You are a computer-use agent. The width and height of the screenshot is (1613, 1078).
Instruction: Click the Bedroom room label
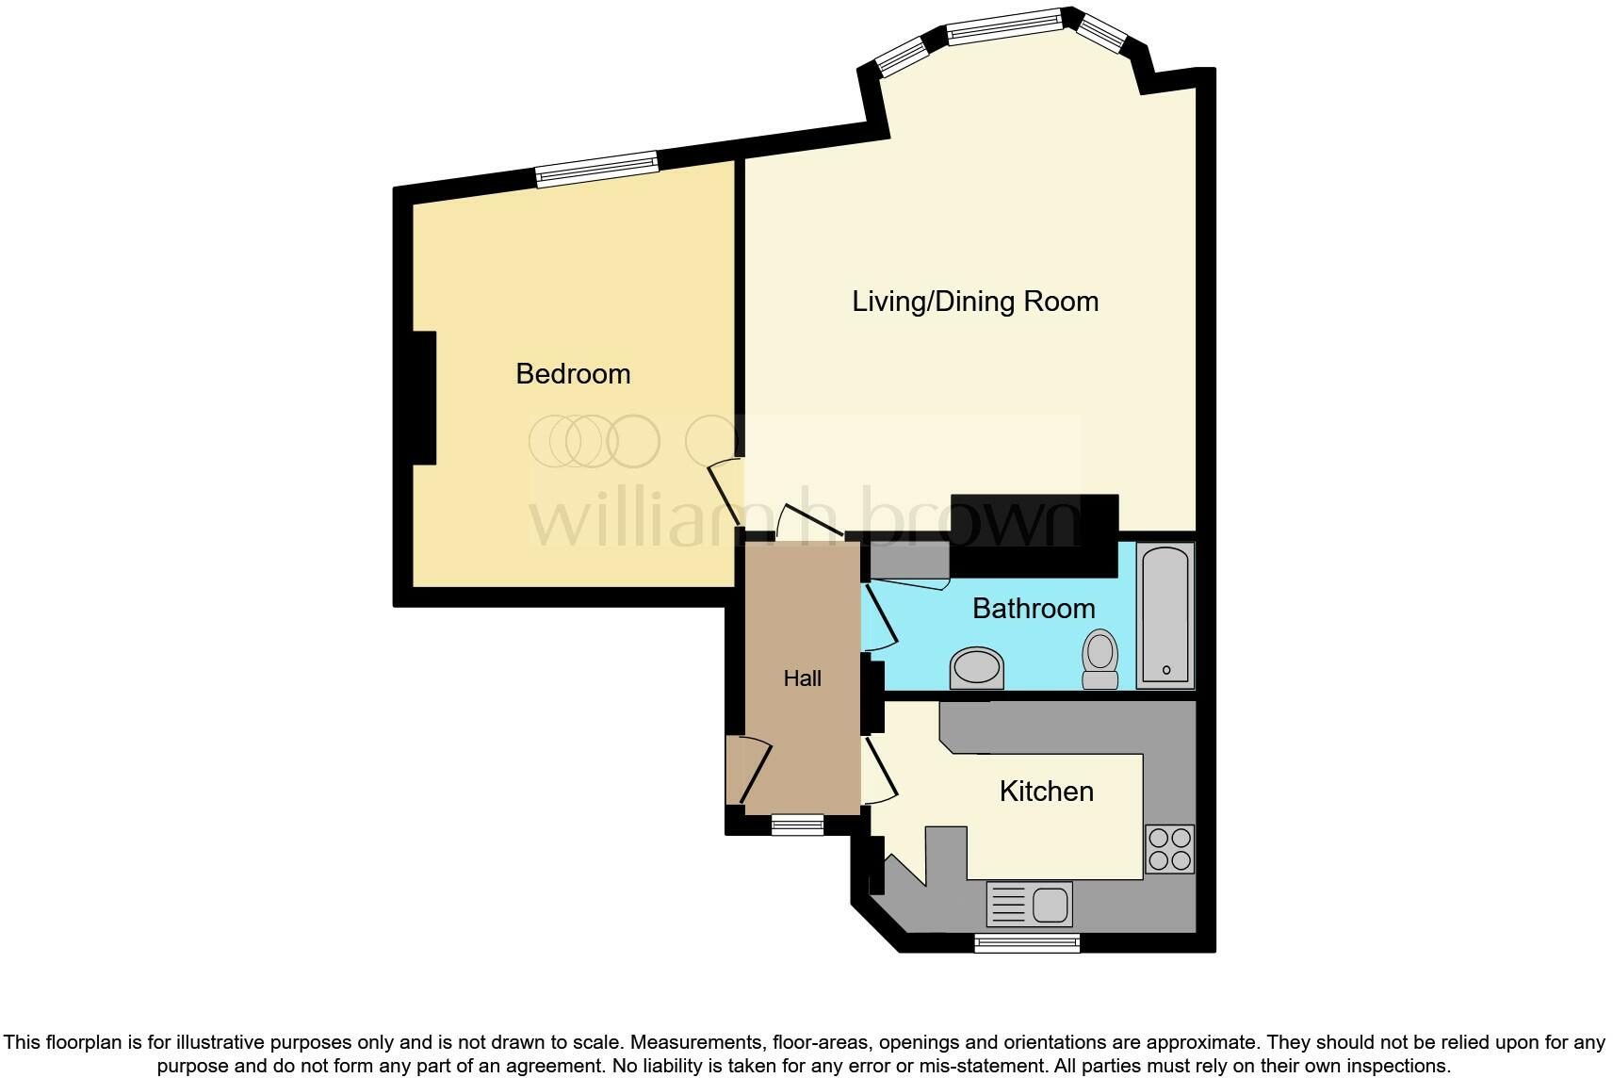point(573,374)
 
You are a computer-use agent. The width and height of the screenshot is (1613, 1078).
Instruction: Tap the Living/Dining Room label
point(975,302)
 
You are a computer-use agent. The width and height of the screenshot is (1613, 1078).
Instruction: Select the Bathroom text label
point(1034,609)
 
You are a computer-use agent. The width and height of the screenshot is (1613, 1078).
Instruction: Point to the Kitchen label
point(1046,792)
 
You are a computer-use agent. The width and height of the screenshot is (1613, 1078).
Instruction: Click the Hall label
point(802,678)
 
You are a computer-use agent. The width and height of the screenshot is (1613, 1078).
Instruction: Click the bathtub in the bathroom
point(1165,615)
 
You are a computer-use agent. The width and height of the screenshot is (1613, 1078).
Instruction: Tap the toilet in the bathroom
point(1100,659)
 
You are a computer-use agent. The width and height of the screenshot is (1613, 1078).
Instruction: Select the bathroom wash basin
point(976,668)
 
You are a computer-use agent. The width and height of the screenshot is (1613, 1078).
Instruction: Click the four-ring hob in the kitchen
point(1169,848)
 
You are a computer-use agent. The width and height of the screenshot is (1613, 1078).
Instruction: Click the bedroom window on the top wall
point(596,170)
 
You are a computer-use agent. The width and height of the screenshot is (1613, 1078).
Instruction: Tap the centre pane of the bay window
point(1004,26)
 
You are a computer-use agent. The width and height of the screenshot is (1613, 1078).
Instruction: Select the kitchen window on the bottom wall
point(1027,942)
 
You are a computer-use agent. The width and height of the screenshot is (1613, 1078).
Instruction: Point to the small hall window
point(797,825)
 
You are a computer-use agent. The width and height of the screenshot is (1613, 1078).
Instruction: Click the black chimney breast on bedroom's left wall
point(424,397)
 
